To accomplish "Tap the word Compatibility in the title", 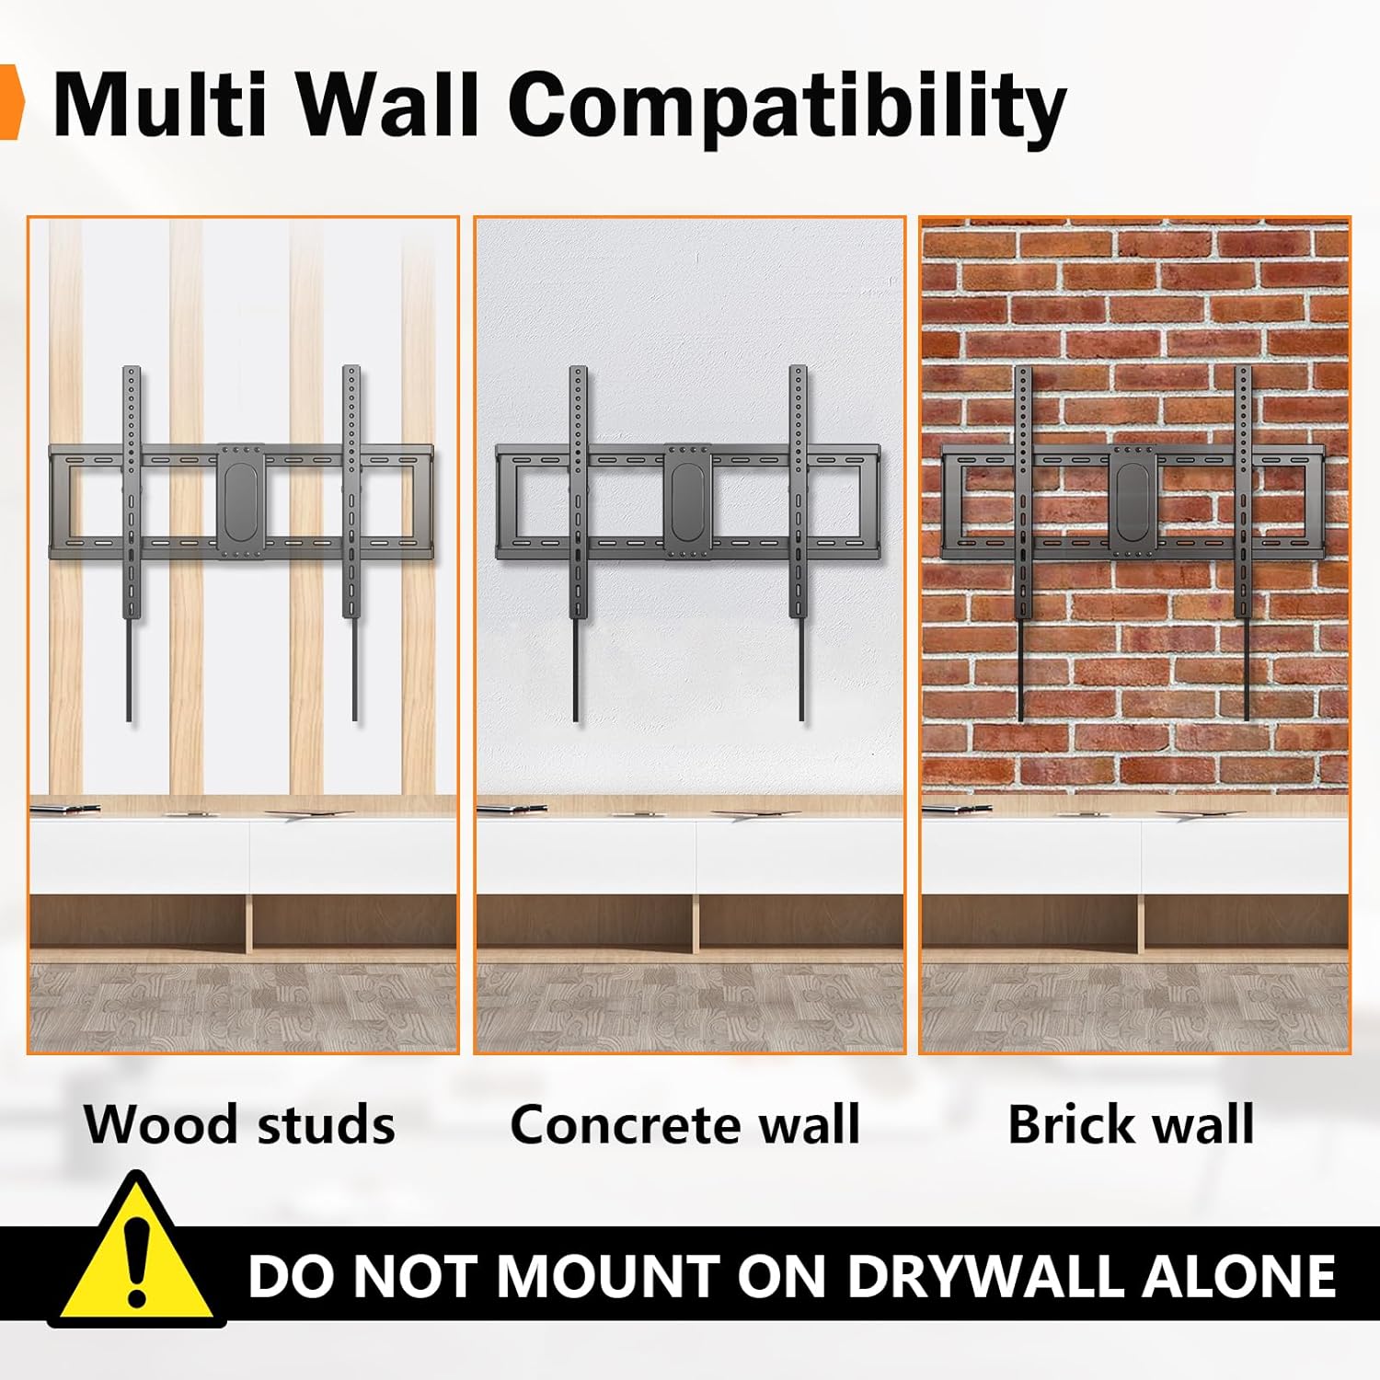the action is tap(787, 109).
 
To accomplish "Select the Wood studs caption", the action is tap(240, 1124).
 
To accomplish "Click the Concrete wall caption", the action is tap(685, 1124).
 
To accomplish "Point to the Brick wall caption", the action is tap(1131, 1124).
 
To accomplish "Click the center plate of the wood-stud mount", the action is tap(241, 501).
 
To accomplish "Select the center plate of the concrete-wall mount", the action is tap(686, 501).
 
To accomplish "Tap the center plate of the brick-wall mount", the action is tap(1133, 501).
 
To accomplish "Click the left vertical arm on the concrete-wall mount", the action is tap(578, 543).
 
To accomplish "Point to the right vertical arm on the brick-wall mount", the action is tap(1244, 543).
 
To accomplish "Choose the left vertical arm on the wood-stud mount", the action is tap(132, 543).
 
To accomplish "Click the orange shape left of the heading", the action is tap(10, 102).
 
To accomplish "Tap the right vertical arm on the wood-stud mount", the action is tap(351, 543).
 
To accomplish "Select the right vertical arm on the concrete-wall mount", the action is tap(799, 543).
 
